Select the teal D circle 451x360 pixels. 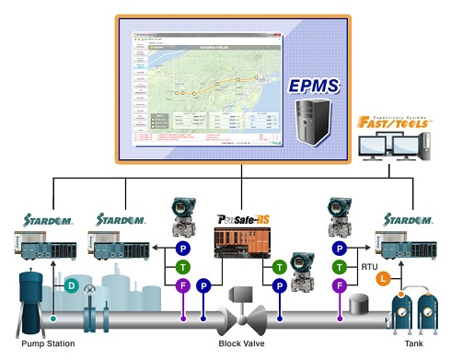pos(71,286)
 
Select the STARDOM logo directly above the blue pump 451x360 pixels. pos(41,220)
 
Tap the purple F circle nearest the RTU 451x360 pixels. pos(341,286)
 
